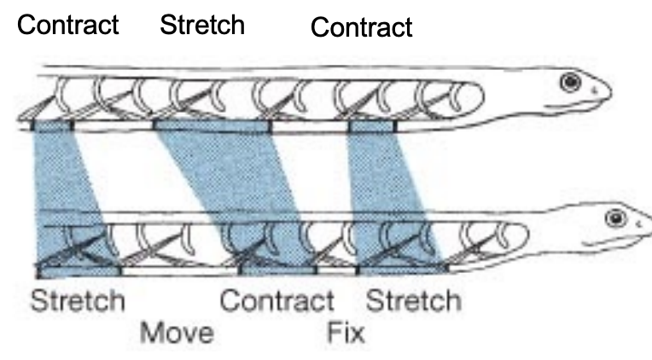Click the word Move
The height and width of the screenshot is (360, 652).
click(177, 331)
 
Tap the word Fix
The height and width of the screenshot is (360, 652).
click(346, 331)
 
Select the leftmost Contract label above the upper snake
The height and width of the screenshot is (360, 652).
click(68, 24)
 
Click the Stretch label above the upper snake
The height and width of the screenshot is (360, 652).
click(202, 24)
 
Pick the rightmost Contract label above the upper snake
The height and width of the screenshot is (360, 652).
click(361, 27)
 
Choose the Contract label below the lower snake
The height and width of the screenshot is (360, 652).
click(277, 300)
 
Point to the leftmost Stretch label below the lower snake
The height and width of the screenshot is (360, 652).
click(78, 300)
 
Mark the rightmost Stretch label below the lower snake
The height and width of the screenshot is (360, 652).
click(414, 300)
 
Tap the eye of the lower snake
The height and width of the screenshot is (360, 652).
click(613, 218)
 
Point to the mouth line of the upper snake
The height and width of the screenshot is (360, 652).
click(580, 102)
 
